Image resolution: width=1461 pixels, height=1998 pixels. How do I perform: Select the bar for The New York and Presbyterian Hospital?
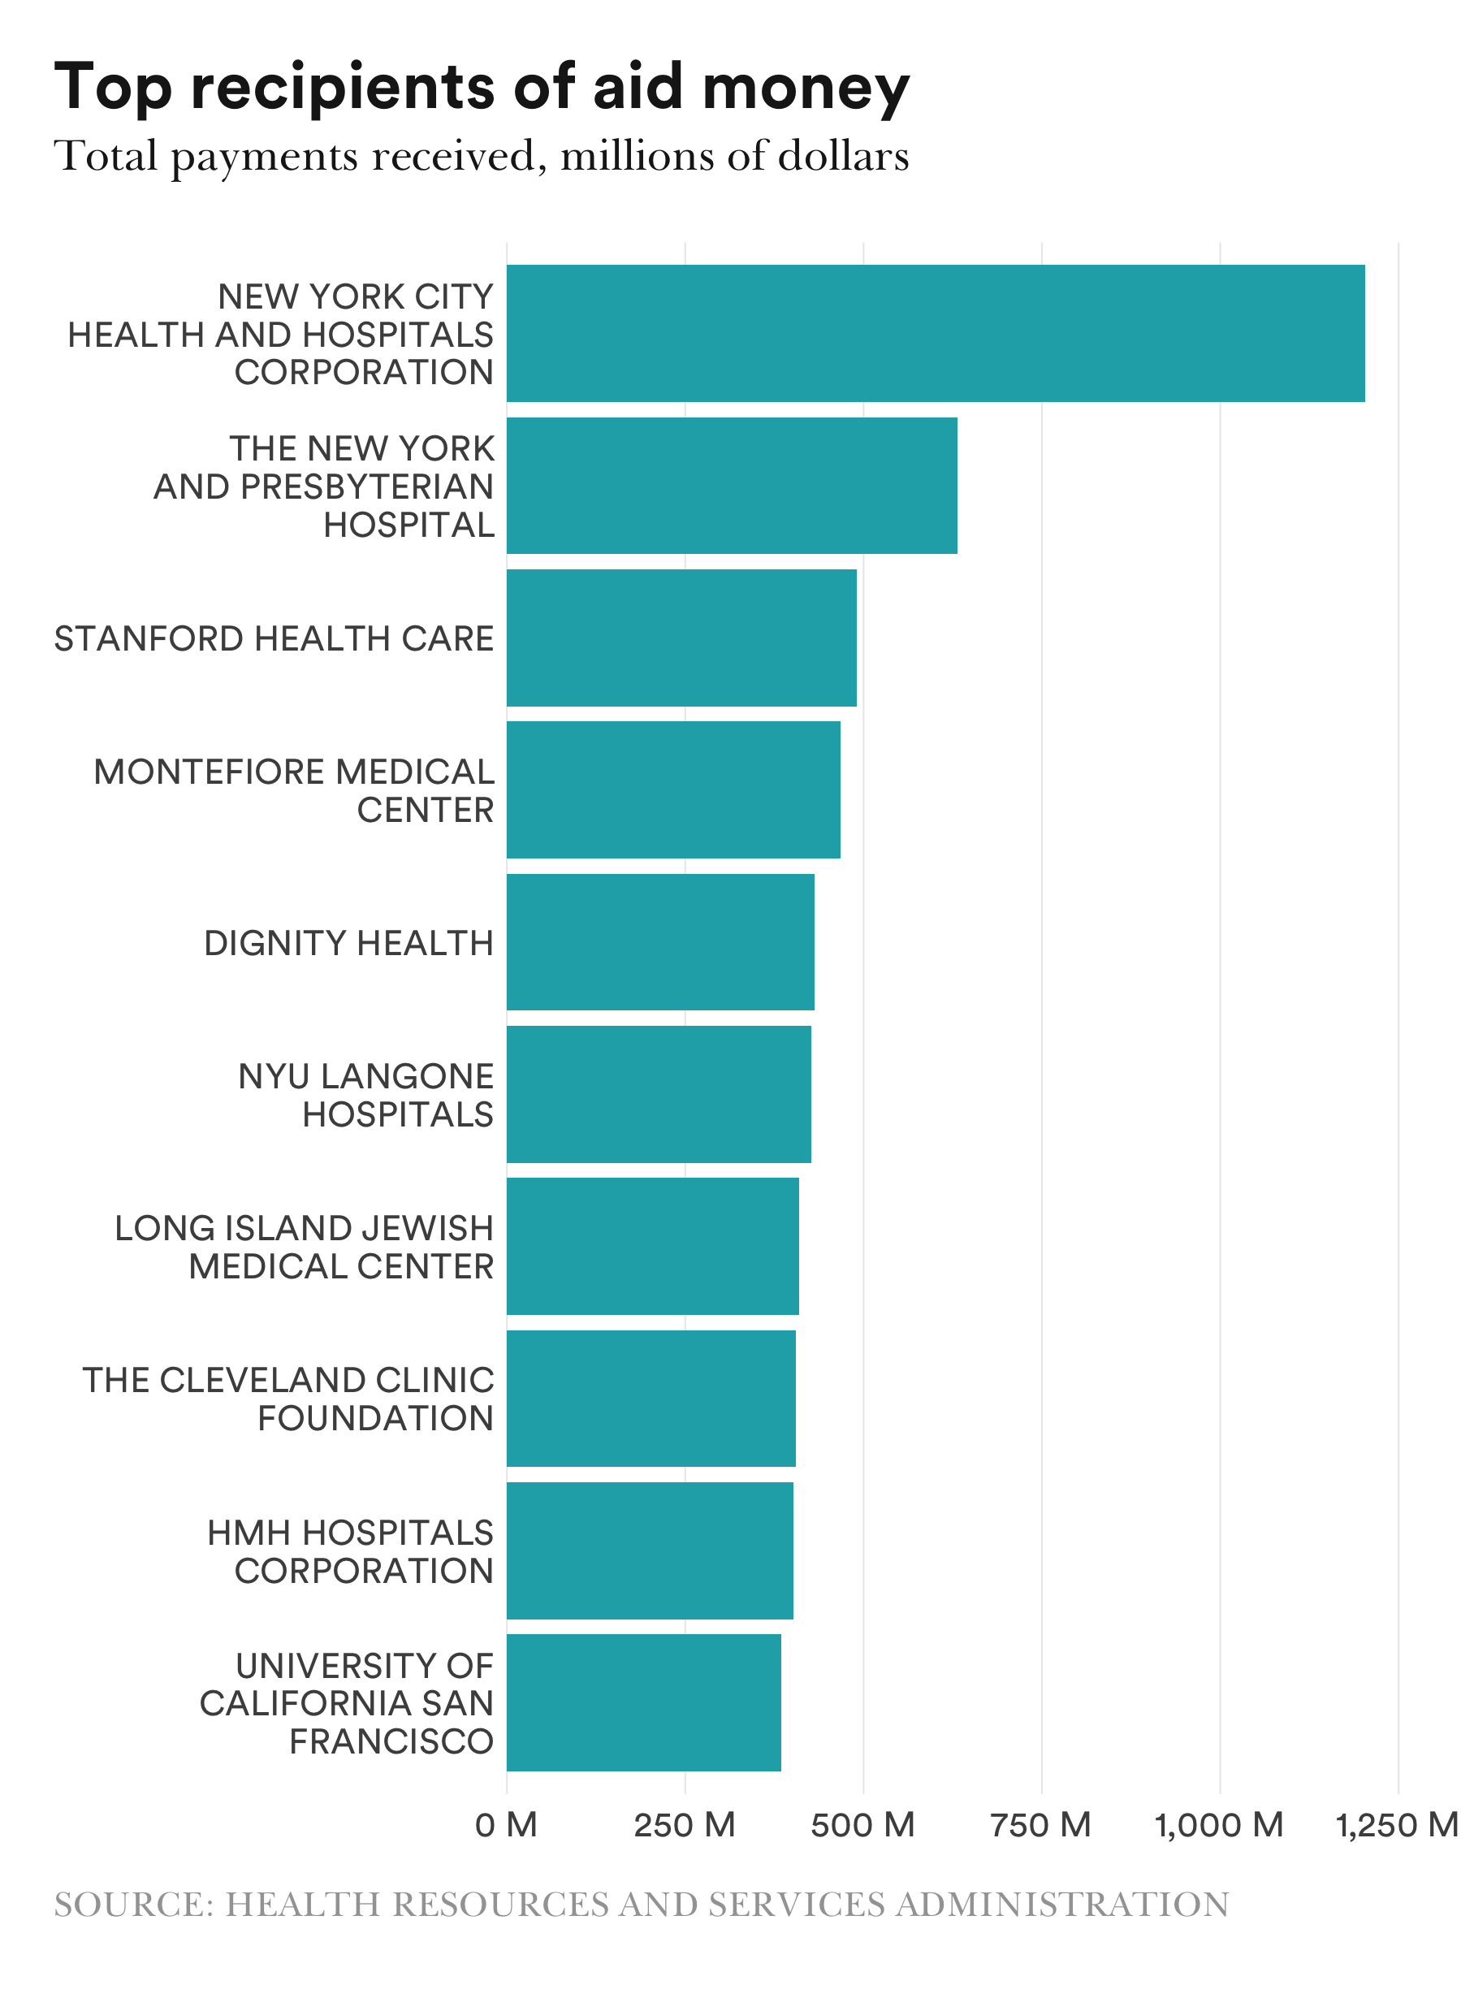pyautogui.click(x=732, y=486)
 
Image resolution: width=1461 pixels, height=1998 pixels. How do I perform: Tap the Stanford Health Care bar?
pyautogui.click(x=681, y=638)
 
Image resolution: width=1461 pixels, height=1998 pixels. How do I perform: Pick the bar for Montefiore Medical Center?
pyautogui.click(x=673, y=789)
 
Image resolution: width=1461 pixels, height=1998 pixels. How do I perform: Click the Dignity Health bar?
pyautogui.click(x=659, y=942)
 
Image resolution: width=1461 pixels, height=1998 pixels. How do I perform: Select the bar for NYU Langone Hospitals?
pyautogui.click(x=658, y=1094)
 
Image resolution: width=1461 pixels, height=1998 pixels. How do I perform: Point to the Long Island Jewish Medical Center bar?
pyautogui.click(x=653, y=1245)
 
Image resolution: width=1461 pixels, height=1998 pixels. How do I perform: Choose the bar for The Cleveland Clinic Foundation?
pyautogui.click(x=651, y=1399)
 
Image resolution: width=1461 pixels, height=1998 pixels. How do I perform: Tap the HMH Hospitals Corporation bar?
pyautogui.click(x=649, y=1550)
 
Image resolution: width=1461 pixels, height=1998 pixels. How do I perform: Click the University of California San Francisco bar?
pyautogui.click(x=643, y=1702)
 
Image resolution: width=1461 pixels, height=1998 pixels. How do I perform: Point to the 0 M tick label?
pyautogui.click(x=506, y=1825)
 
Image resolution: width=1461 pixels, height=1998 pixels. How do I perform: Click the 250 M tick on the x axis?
pyautogui.click(x=685, y=1825)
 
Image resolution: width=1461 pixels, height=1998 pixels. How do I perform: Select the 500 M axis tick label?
pyautogui.click(x=862, y=1825)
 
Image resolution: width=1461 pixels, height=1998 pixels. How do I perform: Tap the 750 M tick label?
pyautogui.click(x=1041, y=1825)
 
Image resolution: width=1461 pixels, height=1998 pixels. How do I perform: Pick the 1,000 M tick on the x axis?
pyautogui.click(x=1219, y=1825)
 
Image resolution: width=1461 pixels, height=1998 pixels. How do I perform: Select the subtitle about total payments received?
pyautogui.click(x=482, y=156)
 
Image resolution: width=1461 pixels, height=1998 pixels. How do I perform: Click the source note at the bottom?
pyautogui.click(x=642, y=1905)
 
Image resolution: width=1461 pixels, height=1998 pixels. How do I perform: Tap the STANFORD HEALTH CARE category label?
pyautogui.click(x=274, y=638)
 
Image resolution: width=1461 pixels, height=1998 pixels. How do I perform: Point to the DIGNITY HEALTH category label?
pyautogui.click(x=348, y=943)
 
